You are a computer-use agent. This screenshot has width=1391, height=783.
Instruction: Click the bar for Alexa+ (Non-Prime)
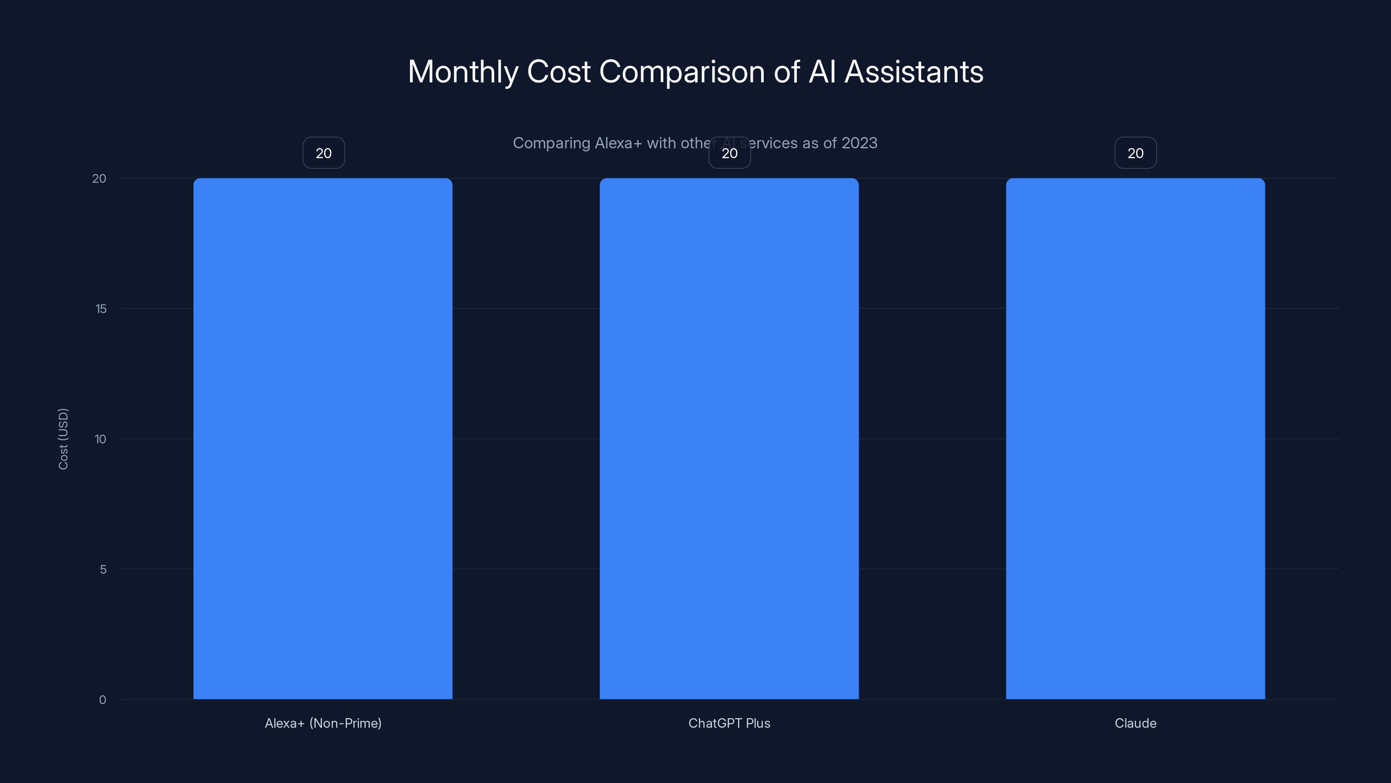point(323,438)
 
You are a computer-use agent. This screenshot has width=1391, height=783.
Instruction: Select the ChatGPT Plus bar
point(729,438)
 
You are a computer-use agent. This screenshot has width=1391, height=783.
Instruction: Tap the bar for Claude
point(1135,438)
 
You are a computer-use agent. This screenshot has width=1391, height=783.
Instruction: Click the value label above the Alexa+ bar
point(323,153)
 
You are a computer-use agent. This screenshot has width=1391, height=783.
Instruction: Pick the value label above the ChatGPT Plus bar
point(729,153)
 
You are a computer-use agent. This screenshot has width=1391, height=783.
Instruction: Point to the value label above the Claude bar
point(1135,153)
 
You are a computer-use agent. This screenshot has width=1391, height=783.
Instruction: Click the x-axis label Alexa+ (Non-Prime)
point(323,723)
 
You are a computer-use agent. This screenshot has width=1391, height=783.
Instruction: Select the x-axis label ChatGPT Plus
point(729,723)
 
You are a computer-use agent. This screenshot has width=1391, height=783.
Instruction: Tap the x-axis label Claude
point(1135,723)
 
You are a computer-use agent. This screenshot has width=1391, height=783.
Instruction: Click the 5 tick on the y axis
point(103,569)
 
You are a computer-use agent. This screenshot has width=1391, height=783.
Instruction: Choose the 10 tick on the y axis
point(100,439)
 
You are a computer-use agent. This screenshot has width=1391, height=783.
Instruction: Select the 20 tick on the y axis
point(100,179)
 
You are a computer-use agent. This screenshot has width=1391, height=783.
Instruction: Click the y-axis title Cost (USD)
point(63,439)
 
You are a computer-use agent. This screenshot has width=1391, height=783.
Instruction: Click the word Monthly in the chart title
point(463,72)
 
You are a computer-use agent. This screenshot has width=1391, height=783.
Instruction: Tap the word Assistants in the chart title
point(914,72)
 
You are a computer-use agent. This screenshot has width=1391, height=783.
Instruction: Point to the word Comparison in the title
point(682,72)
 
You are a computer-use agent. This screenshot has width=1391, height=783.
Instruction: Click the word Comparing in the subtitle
point(551,143)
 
